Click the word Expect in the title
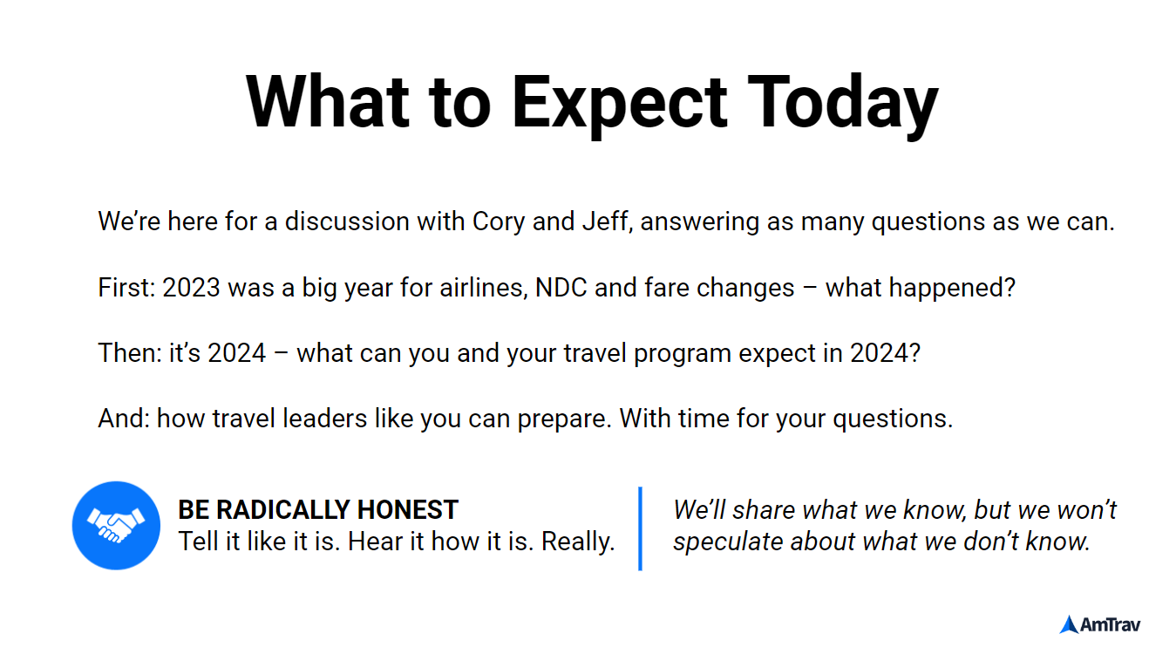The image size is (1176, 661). (620, 105)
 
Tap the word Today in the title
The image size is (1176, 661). (843, 105)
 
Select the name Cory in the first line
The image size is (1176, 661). (499, 222)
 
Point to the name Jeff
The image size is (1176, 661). (605, 221)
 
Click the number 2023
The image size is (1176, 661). (191, 288)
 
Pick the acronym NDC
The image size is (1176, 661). (561, 288)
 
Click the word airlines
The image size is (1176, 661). (483, 288)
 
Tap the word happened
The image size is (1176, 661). (952, 289)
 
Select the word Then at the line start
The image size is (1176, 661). (130, 353)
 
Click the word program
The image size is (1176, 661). (682, 354)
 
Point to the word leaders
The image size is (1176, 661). (324, 419)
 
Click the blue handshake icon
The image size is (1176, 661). (116, 526)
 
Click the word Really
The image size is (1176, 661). (578, 542)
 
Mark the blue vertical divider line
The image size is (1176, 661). (640, 528)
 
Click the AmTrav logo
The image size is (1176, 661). (1100, 624)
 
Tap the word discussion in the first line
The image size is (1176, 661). (347, 221)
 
